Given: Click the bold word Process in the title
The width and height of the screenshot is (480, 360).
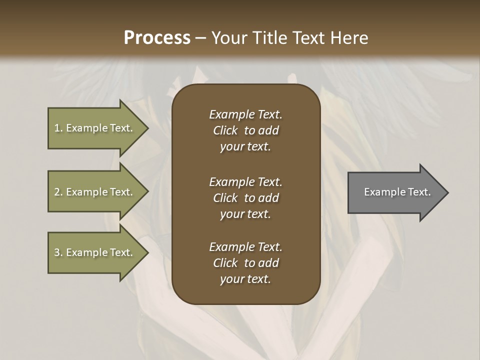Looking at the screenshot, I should click(157, 38).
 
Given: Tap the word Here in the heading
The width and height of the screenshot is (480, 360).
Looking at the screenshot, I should click(350, 38).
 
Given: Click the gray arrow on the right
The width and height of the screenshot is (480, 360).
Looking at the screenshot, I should click(395, 192).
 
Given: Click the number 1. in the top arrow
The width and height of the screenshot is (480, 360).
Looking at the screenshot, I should click(58, 128).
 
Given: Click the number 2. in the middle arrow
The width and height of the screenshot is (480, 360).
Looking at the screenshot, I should click(58, 192).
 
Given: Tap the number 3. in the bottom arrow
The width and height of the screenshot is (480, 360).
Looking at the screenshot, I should click(58, 252).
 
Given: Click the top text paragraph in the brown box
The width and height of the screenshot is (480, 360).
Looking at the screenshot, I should click(245, 130).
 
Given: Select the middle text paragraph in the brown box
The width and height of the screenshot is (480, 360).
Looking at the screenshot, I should click(245, 198).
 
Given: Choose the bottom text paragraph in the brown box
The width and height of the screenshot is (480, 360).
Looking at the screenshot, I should click(245, 263).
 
